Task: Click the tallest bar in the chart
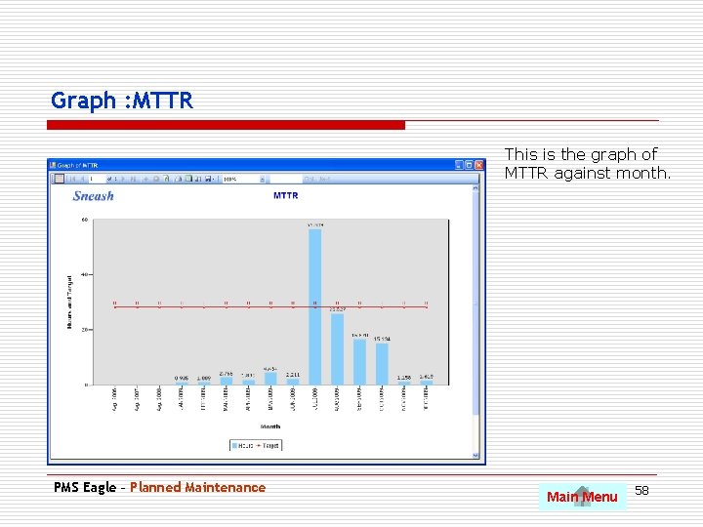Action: pyautogui.click(x=314, y=306)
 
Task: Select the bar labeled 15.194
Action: pyautogui.click(x=382, y=363)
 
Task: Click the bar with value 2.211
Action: pyautogui.click(x=293, y=382)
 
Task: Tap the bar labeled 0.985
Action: pyautogui.click(x=182, y=383)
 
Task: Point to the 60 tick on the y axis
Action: pyautogui.click(x=84, y=220)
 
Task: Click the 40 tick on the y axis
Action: pyautogui.click(x=84, y=274)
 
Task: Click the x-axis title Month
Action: pyautogui.click(x=270, y=426)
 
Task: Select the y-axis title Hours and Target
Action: pyautogui.click(x=70, y=302)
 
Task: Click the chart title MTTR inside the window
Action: pyautogui.click(x=285, y=196)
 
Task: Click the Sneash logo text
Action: pyautogui.click(x=94, y=196)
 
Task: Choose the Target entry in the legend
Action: pyautogui.click(x=269, y=445)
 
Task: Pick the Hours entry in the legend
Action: pyautogui.click(x=245, y=445)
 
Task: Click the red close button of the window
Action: pyautogui.click(x=477, y=165)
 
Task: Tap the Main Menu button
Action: pyautogui.click(x=582, y=497)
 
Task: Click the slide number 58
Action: pyautogui.click(x=641, y=490)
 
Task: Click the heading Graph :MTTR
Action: pyautogui.click(x=122, y=101)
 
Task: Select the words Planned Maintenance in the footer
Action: pyautogui.click(x=197, y=488)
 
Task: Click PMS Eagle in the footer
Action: pyautogui.click(x=85, y=488)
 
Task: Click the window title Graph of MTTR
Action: pyautogui.click(x=78, y=165)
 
